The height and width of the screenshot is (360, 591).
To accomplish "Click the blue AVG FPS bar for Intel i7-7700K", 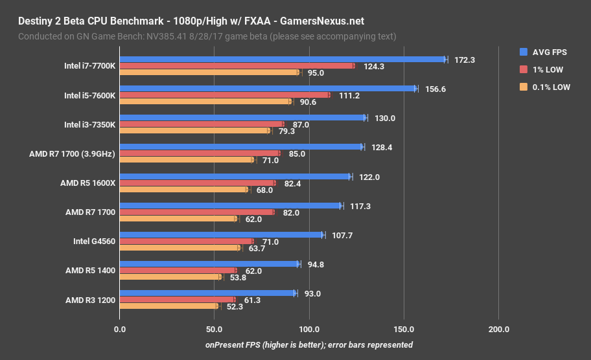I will click(283, 60).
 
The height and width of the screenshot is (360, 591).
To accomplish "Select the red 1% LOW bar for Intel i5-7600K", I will click(224, 95).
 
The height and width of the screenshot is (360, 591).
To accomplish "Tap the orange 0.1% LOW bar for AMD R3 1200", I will click(168, 306).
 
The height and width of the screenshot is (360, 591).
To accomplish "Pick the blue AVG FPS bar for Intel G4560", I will click(221, 235).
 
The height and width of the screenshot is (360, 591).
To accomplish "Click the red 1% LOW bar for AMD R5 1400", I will click(178, 271).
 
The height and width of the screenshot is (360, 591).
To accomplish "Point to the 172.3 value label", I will click(465, 60).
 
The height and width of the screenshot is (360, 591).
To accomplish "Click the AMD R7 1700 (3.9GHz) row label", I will click(72, 154).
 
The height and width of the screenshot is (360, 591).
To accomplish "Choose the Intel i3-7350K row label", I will click(89, 124).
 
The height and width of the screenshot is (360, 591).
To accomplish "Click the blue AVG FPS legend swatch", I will click(524, 51).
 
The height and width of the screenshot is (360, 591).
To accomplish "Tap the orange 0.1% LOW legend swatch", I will click(524, 87).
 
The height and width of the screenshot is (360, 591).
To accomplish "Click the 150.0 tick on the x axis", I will click(404, 329).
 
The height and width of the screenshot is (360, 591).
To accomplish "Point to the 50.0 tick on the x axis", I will click(214, 329).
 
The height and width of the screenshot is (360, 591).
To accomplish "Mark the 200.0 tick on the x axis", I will click(498, 329).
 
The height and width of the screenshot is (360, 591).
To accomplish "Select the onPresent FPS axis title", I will click(308, 344).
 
